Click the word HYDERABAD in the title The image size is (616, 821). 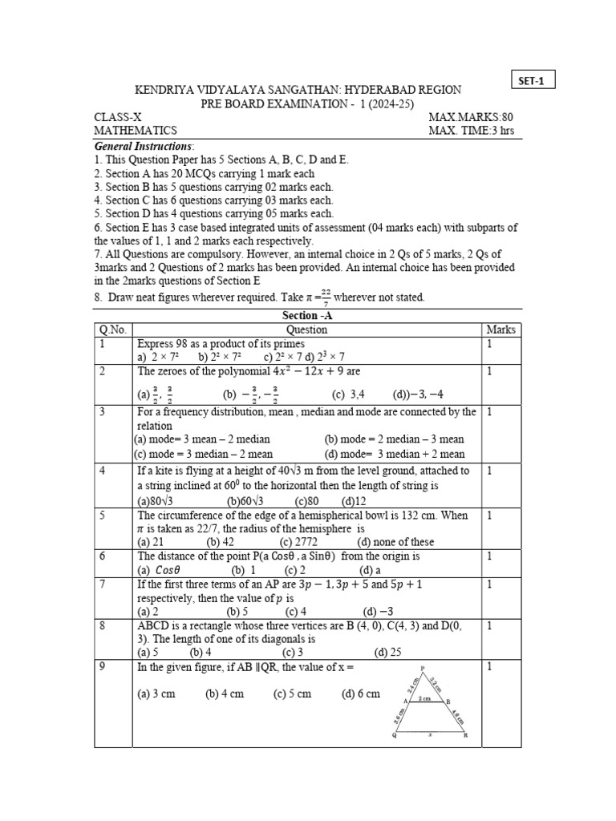pos(346,90)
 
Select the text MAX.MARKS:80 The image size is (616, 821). pos(480,117)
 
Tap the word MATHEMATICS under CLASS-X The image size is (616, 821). pos(136,131)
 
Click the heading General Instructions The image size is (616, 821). pos(144,146)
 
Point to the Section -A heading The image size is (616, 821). pos(307,315)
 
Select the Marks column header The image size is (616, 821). pos(500,330)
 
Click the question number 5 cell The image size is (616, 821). pos(103,516)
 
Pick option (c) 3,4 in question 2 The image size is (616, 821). pos(348,394)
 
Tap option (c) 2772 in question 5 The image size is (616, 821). pos(295,541)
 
